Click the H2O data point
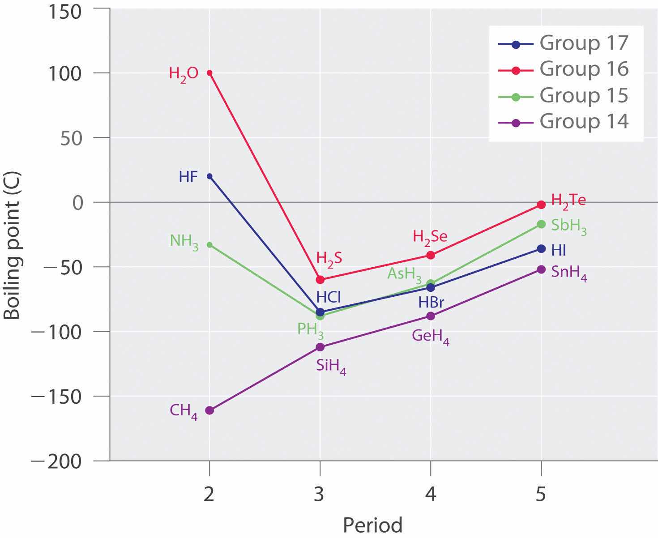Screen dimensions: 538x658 [x=209, y=73]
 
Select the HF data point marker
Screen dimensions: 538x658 [x=209, y=176]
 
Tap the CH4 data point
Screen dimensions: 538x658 [x=209, y=410]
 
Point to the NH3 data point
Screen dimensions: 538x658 [x=209, y=245]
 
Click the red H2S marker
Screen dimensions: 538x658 [x=320, y=280]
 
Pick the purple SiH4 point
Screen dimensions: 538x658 [x=320, y=347]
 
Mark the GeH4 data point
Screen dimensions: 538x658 [x=431, y=316]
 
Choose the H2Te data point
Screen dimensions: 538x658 [x=541, y=205]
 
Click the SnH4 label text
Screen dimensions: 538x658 [x=569, y=273]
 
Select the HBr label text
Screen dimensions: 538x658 [x=431, y=303]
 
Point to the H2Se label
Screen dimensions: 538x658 [x=430, y=237]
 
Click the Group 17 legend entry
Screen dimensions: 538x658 [x=564, y=43]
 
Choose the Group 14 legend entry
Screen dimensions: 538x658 [x=564, y=121]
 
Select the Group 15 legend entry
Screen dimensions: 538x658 [x=564, y=95]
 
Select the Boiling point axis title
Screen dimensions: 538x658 [x=13, y=253]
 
